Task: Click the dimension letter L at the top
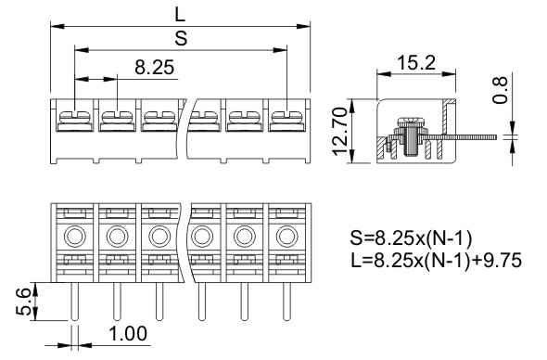pyautogui.click(x=180, y=15)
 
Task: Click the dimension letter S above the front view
pyautogui.click(x=181, y=38)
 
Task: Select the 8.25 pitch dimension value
pyautogui.click(x=154, y=68)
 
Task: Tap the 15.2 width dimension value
pyautogui.click(x=416, y=63)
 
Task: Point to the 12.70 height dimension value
pyautogui.click(x=339, y=131)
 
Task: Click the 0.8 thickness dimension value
pyautogui.click(x=500, y=90)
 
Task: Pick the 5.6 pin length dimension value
pyautogui.click(x=25, y=302)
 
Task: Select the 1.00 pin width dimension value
pyautogui.click(x=128, y=334)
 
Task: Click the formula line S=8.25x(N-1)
pyautogui.click(x=411, y=238)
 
